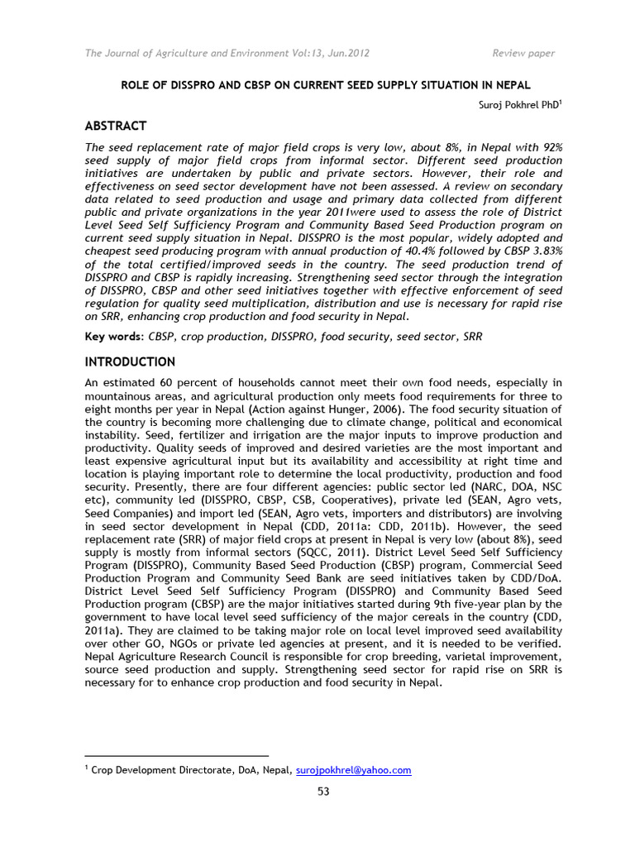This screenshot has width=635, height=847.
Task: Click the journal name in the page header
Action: coord(227,54)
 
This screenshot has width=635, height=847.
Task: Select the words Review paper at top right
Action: coord(523,54)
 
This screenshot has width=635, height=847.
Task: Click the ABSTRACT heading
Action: coord(116,126)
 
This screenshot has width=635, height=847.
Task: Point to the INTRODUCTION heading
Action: coord(131,362)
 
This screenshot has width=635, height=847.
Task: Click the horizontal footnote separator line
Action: coord(177,755)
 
